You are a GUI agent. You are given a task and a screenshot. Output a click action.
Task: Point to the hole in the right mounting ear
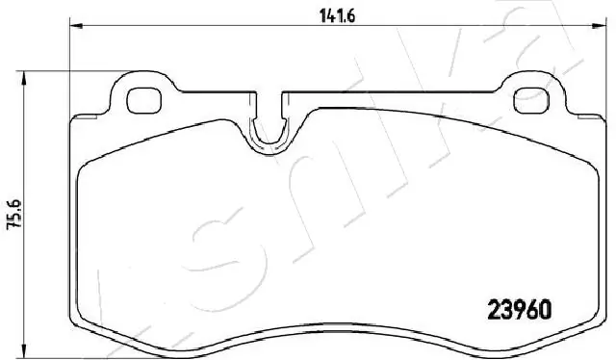coord(531,97)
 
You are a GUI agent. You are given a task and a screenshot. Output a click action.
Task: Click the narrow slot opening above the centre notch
coord(272,104)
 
